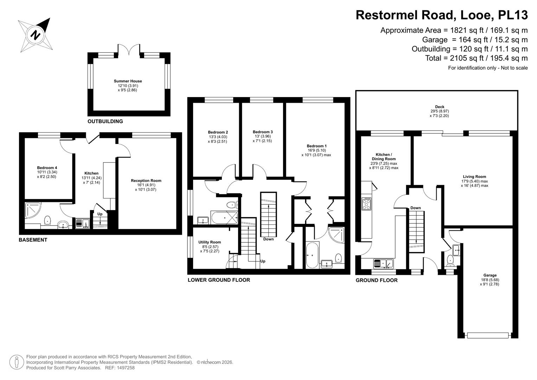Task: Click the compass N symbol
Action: [x=36, y=35]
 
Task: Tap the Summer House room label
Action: [x=128, y=81]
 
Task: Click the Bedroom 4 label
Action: [x=47, y=168]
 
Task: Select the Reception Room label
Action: [x=146, y=180]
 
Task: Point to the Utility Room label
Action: [x=210, y=242]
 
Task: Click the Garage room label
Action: [x=490, y=275]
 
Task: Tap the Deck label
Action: [x=440, y=107]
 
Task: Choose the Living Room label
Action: [x=474, y=177]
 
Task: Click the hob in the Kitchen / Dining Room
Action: [x=366, y=204]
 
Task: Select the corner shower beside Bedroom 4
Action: [x=33, y=210]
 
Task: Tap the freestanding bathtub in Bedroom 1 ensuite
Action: [x=312, y=255]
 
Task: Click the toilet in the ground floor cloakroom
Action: [x=450, y=261]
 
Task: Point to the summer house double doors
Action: [x=129, y=51]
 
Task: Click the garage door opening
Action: [x=488, y=335]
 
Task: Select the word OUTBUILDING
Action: [x=105, y=121]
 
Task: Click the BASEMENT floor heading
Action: [x=33, y=240]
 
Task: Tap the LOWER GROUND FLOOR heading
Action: [x=219, y=280]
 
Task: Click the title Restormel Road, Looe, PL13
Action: [x=442, y=15]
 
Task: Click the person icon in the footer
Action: [x=17, y=362]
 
